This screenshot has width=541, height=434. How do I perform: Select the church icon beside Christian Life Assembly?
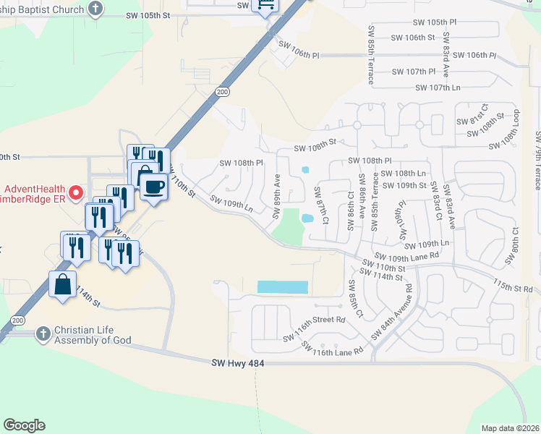click(43, 333)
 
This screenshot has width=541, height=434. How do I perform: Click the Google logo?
click(24, 425)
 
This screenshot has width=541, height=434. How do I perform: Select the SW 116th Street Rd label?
click(315, 329)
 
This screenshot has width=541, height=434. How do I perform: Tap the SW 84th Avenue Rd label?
click(392, 312)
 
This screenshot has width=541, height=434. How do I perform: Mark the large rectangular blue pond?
click(283, 287)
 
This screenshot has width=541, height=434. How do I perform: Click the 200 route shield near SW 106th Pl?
click(223, 91)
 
